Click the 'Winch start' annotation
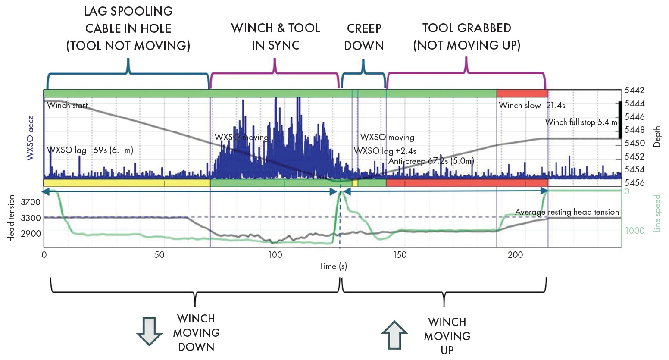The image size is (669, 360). [x=67, y=106]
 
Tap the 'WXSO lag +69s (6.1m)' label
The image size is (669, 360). [x=90, y=150]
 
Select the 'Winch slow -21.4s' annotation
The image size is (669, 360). [x=532, y=106]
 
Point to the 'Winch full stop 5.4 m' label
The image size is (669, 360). [x=581, y=122]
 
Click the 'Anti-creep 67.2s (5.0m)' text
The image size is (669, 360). [x=431, y=161]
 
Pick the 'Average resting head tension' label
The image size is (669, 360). [x=567, y=212]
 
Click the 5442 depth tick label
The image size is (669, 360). [x=634, y=91]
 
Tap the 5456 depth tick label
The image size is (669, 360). [x=634, y=183]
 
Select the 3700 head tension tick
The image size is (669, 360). [x=30, y=202]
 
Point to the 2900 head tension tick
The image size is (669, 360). [x=30, y=234]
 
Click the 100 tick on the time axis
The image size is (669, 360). [x=275, y=255]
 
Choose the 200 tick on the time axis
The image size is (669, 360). [x=515, y=255]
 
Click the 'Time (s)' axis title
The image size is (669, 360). [x=333, y=266]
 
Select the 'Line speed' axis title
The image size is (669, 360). [x=657, y=213]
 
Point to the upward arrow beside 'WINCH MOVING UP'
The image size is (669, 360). [x=394, y=335]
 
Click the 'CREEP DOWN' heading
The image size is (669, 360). [x=364, y=37]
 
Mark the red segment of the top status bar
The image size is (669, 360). [x=522, y=94]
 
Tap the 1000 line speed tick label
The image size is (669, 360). [x=635, y=231]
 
